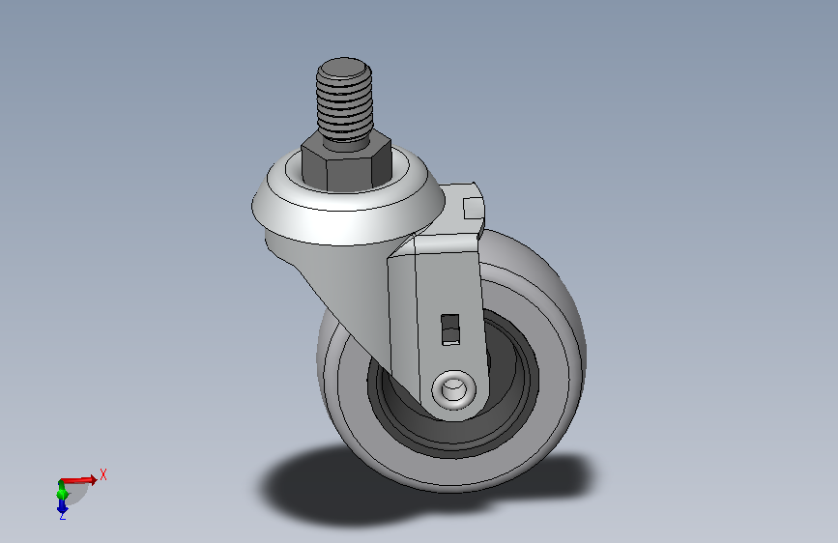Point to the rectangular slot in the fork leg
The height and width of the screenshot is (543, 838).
pos(448,329)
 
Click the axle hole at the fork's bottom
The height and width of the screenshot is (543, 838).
pos(453,390)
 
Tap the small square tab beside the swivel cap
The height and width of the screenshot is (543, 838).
pos(474,207)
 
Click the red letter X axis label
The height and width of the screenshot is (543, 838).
pos(103,474)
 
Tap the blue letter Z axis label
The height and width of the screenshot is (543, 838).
pos(63,516)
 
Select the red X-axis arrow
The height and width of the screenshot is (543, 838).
pos(82,479)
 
